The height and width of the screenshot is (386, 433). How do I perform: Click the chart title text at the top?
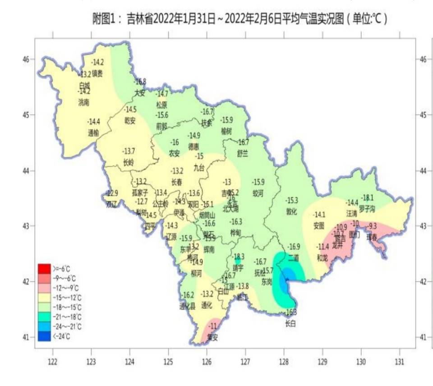[x=240, y=19]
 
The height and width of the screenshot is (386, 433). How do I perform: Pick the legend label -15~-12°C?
[x=66, y=298]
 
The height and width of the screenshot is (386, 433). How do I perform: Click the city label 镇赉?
[x=97, y=73]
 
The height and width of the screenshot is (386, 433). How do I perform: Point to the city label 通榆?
[x=93, y=133]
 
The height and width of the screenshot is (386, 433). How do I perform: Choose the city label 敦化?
[x=292, y=211]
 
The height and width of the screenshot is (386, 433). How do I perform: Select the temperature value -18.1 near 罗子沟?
[x=368, y=197]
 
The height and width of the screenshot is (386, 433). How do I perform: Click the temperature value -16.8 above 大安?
[x=140, y=82]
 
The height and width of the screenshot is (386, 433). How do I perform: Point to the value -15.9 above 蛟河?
[x=258, y=182]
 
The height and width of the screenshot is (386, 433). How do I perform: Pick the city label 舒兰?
[x=243, y=153]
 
